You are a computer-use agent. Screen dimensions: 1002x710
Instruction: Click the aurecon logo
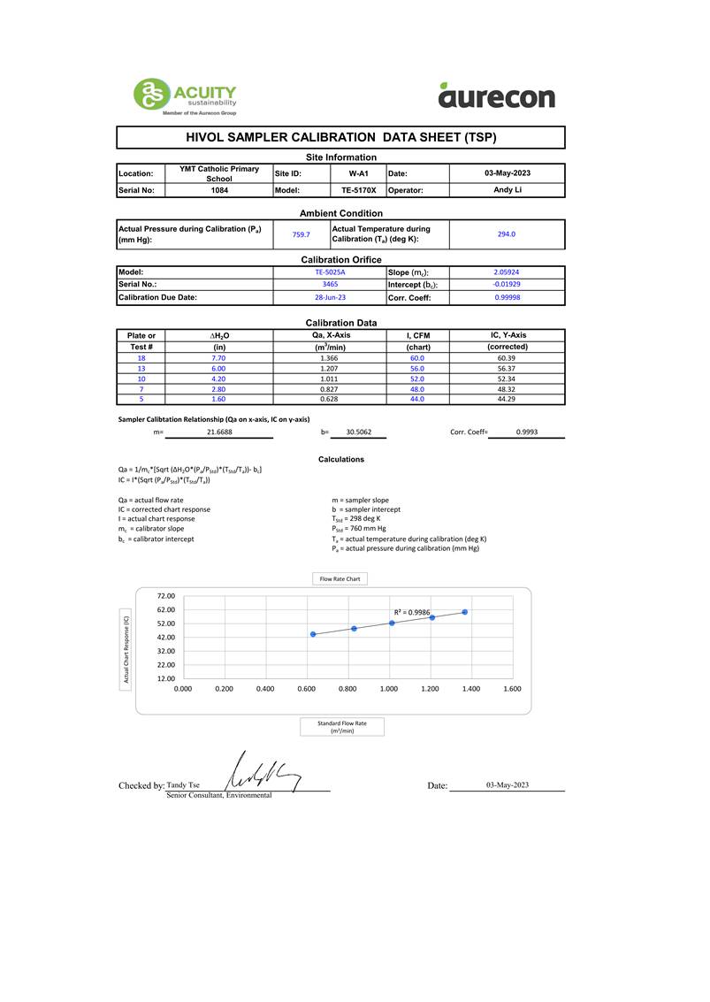(496, 95)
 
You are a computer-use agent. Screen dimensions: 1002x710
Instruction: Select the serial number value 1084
(219, 190)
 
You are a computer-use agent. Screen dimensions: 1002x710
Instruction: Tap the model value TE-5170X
(358, 190)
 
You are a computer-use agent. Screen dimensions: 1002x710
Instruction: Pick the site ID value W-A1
(358, 173)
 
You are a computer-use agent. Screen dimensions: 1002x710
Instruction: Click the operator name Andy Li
(507, 190)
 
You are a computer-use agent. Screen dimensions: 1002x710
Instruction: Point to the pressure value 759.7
(301, 234)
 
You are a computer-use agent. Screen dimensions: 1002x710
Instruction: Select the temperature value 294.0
(507, 234)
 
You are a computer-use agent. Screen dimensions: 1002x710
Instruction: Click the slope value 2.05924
(507, 272)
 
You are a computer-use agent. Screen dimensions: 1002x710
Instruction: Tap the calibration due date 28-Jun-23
(329, 298)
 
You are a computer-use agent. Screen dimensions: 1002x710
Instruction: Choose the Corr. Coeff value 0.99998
(507, 298)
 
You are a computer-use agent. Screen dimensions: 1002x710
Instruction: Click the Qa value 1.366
(329, 358)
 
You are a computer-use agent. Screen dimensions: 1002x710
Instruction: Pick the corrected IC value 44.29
(507, 399)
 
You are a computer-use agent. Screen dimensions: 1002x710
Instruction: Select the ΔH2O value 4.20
(219, 379)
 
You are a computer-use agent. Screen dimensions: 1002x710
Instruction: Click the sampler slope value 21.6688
(219, 432)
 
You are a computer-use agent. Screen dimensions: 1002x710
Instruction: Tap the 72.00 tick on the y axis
(165, 596)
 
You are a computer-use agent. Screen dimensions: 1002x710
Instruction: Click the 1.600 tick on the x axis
(511, 688)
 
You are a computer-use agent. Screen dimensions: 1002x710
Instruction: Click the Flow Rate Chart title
(340, 579)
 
